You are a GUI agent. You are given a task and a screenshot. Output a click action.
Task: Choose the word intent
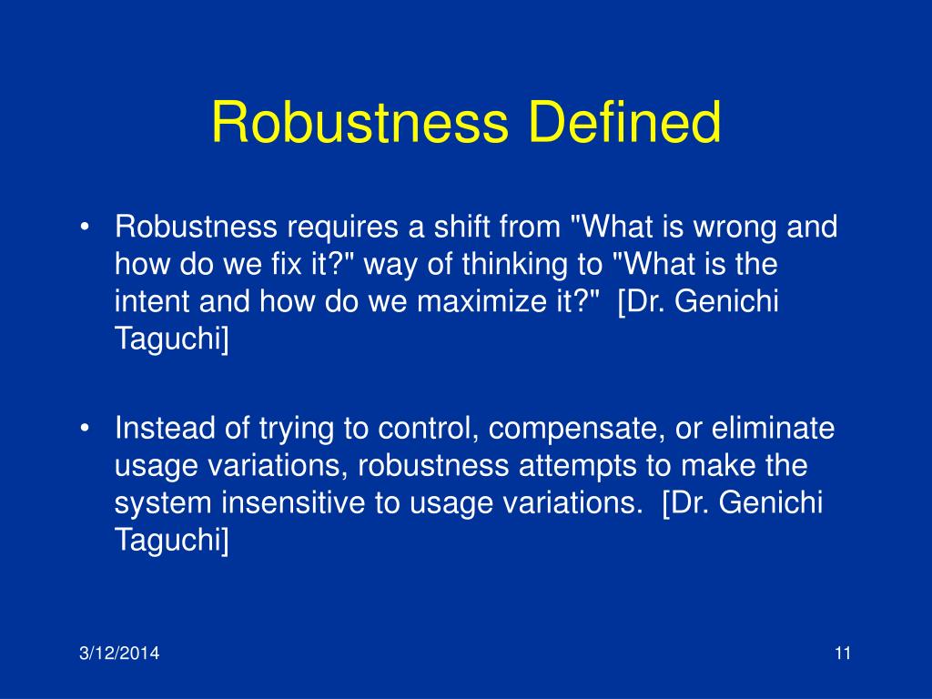pyautogui.click(x=148, y=302)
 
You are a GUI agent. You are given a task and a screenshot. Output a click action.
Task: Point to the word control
pyautogui.click(x=429, y=428)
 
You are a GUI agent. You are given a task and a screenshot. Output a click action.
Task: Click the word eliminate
pyautogui.click(x=773, y=428)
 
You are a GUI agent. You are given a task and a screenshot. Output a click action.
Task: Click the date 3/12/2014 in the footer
pyautogui.click(x=117, y=652)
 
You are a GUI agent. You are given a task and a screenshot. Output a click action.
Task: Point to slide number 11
pyautogui.click(x=841, y=652)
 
